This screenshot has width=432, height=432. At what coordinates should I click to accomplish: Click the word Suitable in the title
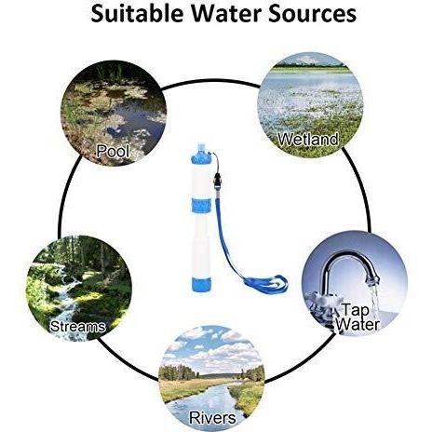137,14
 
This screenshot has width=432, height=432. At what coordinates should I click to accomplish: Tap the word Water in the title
225,14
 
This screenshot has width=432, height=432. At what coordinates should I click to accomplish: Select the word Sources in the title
312,14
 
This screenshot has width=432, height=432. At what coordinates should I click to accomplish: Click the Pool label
113,151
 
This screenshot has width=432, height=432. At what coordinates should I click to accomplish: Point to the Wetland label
307,139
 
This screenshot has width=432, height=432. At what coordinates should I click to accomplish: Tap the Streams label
77,327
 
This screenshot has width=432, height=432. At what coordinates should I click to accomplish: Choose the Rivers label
212,418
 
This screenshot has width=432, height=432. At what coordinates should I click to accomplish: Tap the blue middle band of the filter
201,206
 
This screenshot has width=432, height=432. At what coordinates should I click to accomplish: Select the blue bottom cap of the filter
202,285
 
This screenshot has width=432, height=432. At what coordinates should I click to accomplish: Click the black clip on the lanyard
218,180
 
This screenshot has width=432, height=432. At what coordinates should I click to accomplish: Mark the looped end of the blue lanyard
266,285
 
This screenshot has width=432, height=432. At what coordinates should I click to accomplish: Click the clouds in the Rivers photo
214,346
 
